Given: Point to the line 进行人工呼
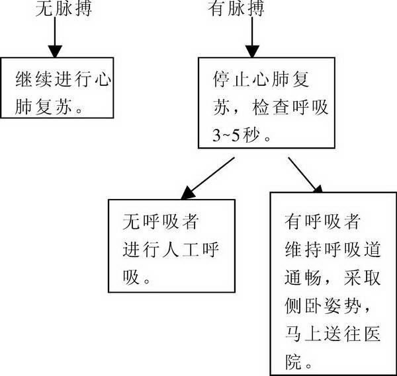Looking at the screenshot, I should pyautogui.click(x=171, y=250).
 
